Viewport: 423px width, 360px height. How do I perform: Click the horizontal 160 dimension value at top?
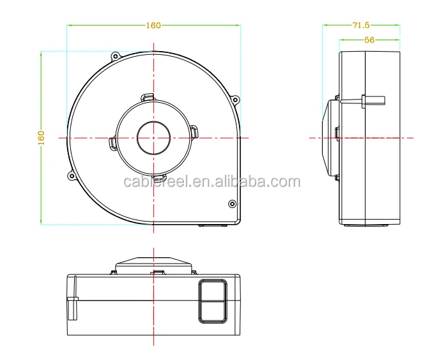153,26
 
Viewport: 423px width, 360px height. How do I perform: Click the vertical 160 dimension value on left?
42,137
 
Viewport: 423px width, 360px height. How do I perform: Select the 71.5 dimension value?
361,26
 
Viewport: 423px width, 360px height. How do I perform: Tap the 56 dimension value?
369,40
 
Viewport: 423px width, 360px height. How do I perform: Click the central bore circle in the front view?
154,137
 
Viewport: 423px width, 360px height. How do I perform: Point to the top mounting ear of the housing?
116,56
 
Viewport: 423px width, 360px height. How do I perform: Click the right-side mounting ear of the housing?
235,100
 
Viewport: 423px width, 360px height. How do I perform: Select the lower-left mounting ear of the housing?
72,175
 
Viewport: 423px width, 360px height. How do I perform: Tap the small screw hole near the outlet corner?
231,204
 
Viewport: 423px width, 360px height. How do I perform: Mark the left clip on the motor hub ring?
112,142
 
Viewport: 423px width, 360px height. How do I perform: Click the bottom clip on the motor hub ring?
159,177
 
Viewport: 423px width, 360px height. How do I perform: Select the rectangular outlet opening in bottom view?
211,300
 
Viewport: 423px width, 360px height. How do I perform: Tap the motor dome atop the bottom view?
154,263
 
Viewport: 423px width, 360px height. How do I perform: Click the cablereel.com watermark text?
211,183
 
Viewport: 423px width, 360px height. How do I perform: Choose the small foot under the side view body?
353,225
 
